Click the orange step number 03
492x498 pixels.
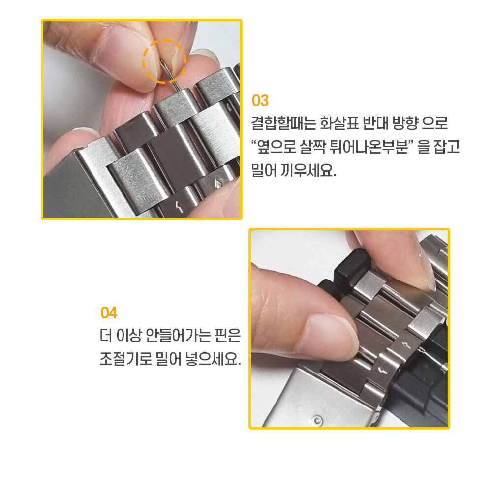click(260, 101)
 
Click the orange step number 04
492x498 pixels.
click(109, 312)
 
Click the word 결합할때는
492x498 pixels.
click(283, 123)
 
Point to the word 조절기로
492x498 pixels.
click(126, 359)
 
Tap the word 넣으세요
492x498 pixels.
click(213, 359)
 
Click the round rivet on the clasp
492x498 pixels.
click(317, 421)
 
